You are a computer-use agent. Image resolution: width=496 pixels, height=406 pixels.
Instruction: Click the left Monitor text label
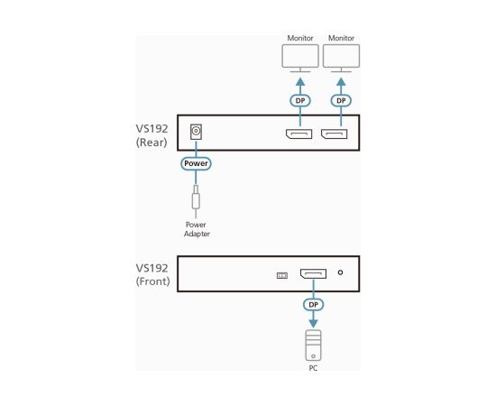pos(299,39)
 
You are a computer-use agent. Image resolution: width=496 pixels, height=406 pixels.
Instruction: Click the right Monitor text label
pos(341,39)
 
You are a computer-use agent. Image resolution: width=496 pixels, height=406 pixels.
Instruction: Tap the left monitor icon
pos(299,60)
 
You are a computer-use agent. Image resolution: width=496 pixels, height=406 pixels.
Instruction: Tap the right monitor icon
pos(341,60)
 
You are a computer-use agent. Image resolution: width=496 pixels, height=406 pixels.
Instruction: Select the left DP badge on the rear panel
pos(299,100)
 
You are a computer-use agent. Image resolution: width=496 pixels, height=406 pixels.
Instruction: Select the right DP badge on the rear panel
pos(341,100)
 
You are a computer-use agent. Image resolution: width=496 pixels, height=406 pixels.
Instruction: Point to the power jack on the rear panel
pos(196,134)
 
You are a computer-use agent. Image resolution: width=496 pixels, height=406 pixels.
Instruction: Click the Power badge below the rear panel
pos(196,164)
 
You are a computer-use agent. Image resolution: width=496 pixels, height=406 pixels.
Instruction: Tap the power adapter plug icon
pos(196,198)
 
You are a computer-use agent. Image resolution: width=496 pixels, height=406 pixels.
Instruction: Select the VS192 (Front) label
pos(152,274)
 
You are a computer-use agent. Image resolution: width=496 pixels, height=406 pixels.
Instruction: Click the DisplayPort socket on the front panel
pos(314,273)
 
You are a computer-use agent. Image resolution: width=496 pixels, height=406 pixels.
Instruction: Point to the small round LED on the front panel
pos(340,273)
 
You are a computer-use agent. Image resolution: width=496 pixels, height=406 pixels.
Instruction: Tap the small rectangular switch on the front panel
pos(280,275)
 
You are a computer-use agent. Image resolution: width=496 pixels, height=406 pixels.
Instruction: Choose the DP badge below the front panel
pos(313,305)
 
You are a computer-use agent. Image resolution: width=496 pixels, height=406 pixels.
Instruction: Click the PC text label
pos(313,368)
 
